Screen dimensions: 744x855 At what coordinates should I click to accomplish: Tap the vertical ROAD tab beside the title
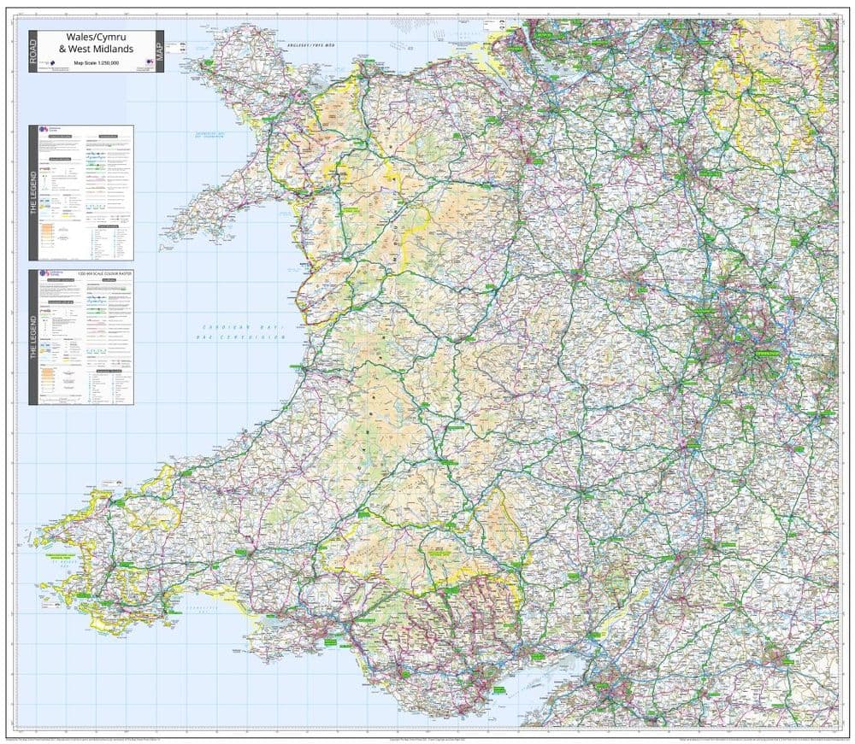pyautogui.click(x=33, y=51)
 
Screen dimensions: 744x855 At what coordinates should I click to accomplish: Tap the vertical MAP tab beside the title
pyautogui.click(x=158, y=51)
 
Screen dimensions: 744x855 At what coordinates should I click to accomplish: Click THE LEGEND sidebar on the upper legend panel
pyautogui.click(x=33, y=192)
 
